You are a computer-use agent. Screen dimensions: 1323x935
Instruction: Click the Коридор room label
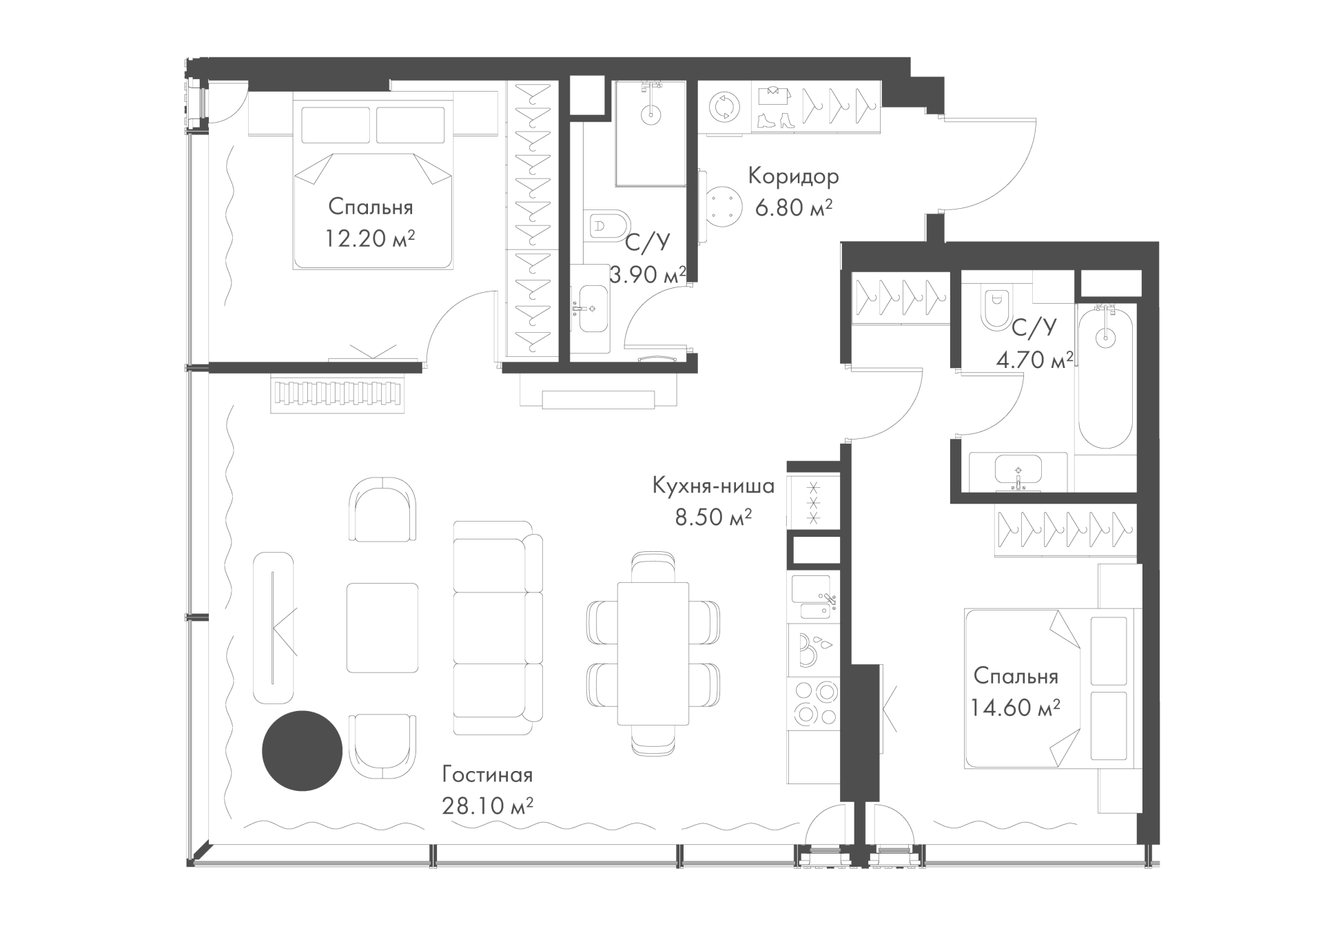794,177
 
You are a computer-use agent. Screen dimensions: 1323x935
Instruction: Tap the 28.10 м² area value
488,805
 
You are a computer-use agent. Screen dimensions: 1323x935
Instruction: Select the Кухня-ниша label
713,486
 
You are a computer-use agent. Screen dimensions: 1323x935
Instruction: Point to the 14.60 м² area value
1015,707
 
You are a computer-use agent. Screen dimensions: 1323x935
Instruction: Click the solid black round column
302,751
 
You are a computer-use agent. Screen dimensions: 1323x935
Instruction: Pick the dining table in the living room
653,653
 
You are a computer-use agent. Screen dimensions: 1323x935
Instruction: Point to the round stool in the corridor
723,206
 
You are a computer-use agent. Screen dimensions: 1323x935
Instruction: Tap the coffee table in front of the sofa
382,628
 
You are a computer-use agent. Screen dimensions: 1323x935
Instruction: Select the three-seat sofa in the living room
498,628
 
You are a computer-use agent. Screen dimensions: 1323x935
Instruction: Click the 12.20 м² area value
370,238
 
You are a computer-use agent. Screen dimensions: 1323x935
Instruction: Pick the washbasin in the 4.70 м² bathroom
1018,473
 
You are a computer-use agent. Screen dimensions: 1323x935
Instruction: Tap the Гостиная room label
487,774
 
